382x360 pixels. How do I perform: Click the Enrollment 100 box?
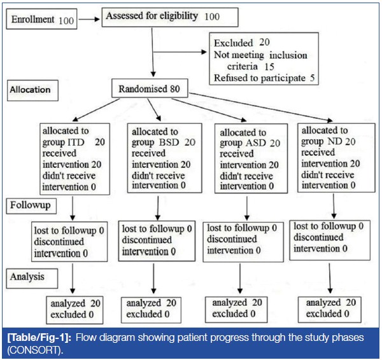[42, 20]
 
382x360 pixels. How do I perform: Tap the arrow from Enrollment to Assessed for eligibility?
[90, 20]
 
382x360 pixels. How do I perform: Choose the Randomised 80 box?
[149, 90]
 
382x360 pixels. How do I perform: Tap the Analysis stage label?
[31, 277]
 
